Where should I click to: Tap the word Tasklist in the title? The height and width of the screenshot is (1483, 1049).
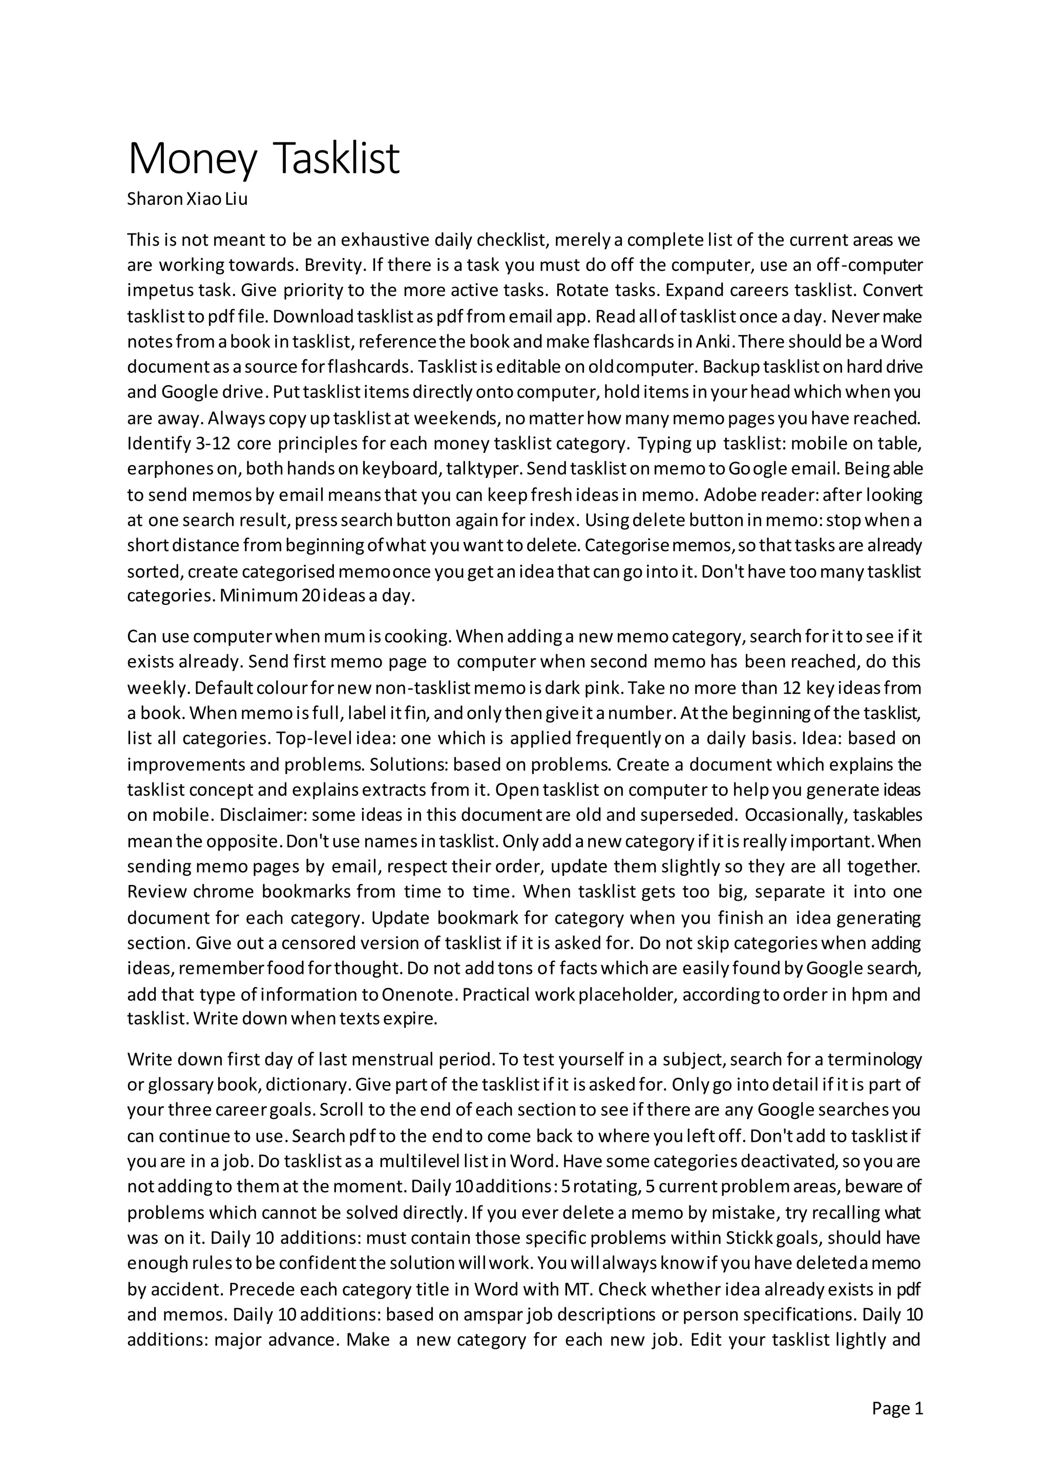(336, 158)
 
